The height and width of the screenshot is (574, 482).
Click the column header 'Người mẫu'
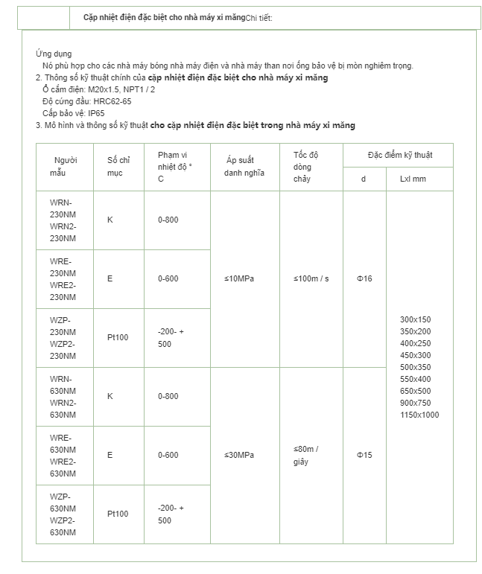tap(65, 167)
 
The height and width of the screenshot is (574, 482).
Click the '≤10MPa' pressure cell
tap(239, 278)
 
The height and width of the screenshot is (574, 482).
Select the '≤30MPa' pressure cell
tap(239, 455)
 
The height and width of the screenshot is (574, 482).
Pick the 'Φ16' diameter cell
tap(364, 278)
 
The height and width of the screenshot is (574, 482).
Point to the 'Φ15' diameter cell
tap(364, 455)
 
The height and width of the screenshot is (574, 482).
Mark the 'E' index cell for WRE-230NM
tap(110, 278)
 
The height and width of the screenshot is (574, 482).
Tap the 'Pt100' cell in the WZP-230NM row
tap(118, 337)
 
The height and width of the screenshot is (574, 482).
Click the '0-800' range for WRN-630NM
tap(168, 396)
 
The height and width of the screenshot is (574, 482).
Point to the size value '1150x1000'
tap(419, 415)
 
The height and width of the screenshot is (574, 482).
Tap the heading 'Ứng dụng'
tap(53, 54)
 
